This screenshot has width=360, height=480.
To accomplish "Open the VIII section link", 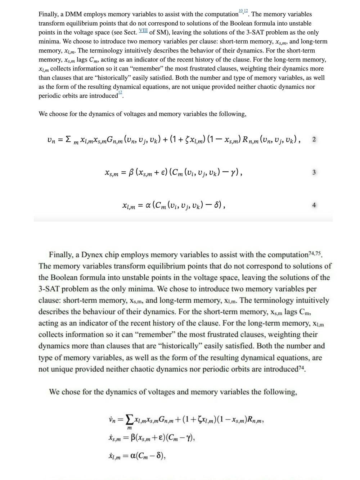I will (x=143, y=31).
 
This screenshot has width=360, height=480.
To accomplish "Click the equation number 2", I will (x=314, y=140).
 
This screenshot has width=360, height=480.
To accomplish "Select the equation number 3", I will (x=314, y=172).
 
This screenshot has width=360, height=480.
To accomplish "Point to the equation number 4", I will (x=314, y=205).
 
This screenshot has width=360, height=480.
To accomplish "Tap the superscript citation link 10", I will (x=240, y=11).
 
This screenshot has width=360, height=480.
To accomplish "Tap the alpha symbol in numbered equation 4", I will (x=148, y=205).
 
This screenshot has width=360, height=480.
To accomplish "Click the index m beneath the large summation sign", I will (x=129, y=428).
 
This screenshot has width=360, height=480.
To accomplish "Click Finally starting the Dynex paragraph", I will (x=61, y=255).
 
